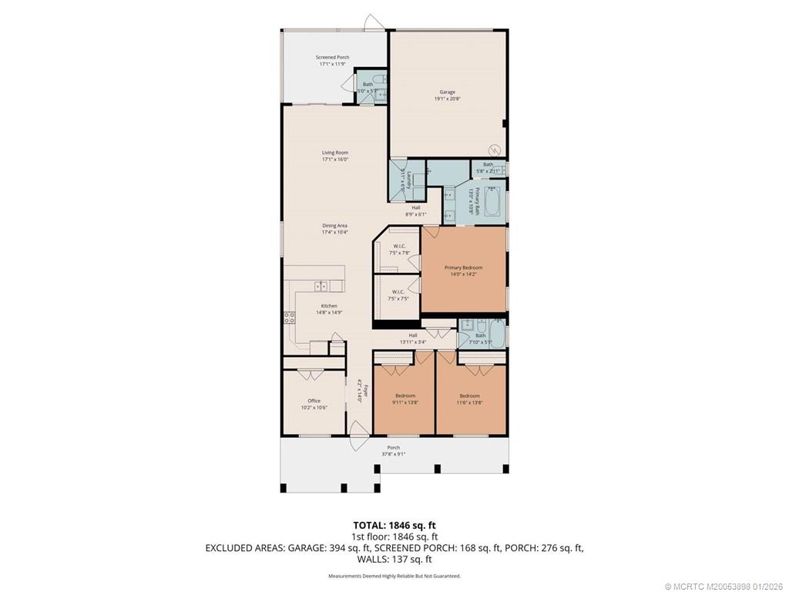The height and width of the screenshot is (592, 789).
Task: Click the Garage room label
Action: tap(447, 92)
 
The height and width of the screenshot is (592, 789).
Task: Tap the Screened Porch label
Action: tap(332, 58)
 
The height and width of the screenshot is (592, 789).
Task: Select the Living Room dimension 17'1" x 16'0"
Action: tap(335, 160)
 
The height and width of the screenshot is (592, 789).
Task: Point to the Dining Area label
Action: tap(334, 225)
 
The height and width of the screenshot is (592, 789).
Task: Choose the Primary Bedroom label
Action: tap(463, 267)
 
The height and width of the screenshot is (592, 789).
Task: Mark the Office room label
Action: tap(314, 401)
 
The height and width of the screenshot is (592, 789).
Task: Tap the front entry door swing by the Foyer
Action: tap(356, 436)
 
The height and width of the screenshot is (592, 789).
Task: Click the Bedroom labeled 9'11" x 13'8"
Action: tap(405, 395)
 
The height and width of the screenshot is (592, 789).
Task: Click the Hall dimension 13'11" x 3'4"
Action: tap(413, 341)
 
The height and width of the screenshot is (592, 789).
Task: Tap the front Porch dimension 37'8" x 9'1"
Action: tap(393, 454)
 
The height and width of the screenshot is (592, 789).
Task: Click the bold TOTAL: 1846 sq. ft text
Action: tap(394, 526)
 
